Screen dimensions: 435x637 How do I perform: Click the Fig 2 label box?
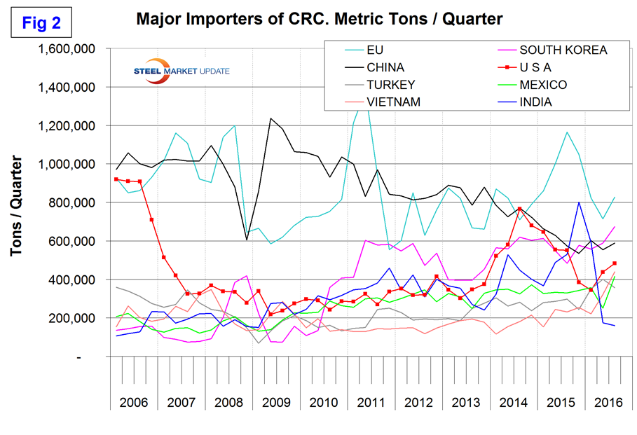(42, 22)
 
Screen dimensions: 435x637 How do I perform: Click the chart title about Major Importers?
(319, 19)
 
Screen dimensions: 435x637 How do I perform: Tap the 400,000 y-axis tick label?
(74, 280)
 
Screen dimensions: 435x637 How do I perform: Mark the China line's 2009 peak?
(270, 118)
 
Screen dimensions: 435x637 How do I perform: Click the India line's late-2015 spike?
(579, 202)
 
